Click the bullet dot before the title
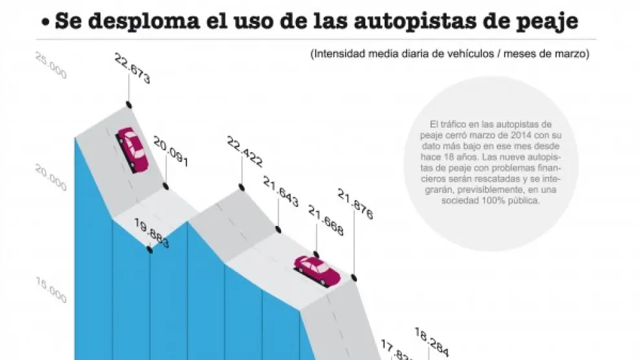click(45, 23)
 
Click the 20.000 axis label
click(50, 179)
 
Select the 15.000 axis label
click(50, 291)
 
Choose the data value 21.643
click(280, 193)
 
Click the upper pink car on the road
click(132, 149)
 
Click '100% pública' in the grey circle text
click(512, 201)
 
